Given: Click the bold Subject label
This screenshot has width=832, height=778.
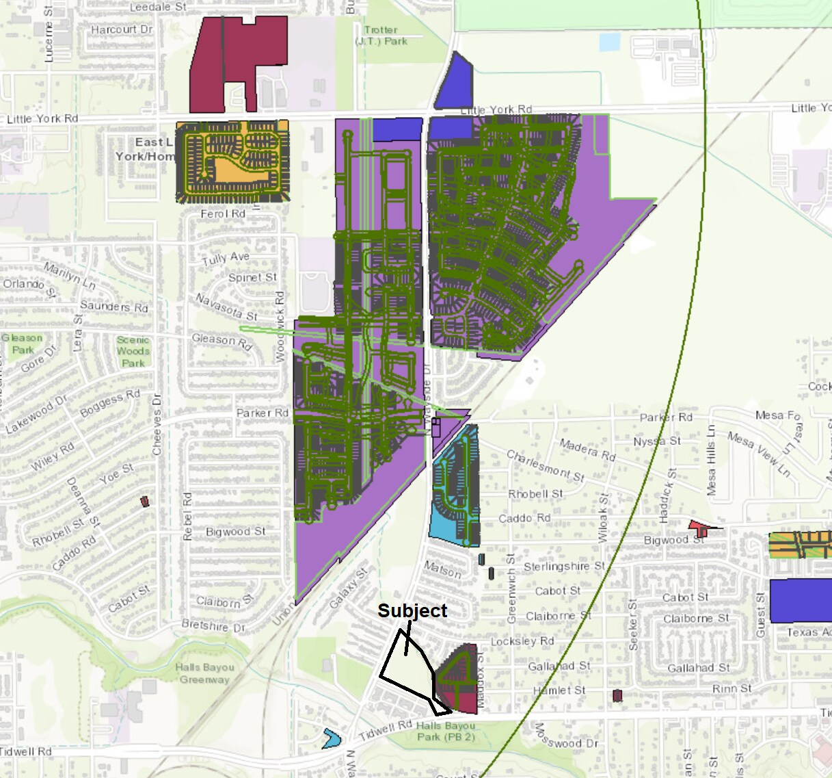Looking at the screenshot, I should pos(412,610).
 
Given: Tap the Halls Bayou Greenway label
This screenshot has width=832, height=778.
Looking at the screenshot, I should pos(204,673).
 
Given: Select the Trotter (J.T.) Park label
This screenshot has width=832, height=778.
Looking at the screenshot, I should pos(381,36).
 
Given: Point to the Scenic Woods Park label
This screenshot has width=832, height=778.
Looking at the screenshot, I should pos(133,351).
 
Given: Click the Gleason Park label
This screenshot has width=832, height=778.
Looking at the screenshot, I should pos(22,343).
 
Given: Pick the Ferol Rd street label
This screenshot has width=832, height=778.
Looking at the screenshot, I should pos(223,213).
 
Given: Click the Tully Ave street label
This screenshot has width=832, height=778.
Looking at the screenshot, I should pos(226,258).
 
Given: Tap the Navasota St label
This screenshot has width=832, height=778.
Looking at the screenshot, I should pos(226,307).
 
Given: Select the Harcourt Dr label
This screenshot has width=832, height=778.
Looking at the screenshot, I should pos(122,29).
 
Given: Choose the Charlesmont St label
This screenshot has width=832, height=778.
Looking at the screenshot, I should pos(545,465).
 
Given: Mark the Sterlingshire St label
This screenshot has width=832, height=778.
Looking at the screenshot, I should pos(564,567).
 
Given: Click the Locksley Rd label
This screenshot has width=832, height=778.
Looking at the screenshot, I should pos(522,641).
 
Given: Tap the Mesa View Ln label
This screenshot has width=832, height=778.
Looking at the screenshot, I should pos(758,453).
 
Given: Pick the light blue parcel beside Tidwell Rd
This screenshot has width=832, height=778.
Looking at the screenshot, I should pos(332,739).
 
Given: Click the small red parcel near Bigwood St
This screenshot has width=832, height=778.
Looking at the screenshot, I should pos(700,528).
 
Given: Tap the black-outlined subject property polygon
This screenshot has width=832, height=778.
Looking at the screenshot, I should pos(405,667).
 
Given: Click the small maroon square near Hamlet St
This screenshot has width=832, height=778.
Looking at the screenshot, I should pos(617,696).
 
